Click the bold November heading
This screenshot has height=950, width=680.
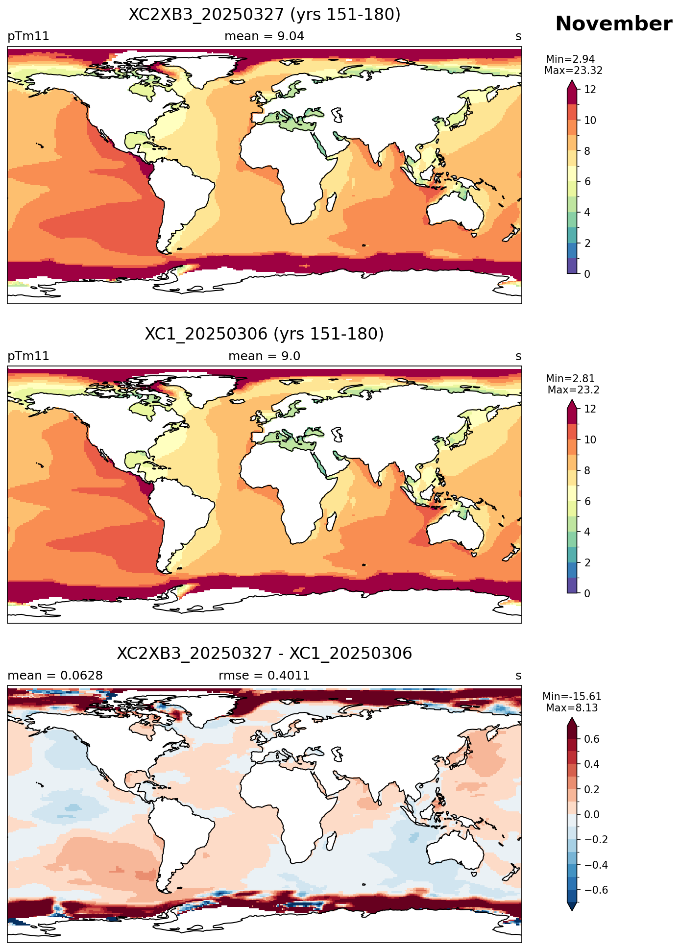[x=613, y=24]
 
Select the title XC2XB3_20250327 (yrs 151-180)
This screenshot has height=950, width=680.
[x=265, y=15]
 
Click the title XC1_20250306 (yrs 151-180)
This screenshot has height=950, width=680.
[x=265, y=334]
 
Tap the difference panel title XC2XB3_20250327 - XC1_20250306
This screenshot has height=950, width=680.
[x=265, y=654]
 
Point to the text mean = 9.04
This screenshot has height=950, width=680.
[x=265, y=36]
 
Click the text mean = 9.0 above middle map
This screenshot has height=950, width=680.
[x=265, y=356]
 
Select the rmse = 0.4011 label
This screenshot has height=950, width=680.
[x=265, y=676]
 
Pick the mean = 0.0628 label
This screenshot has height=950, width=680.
[x=55, y=676]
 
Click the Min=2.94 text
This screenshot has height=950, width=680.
[x=570, y=60]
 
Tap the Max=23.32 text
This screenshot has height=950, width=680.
[x=573, y=71]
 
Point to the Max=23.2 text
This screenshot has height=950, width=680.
[x=573, y=390]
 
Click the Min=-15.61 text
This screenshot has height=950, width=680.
[x=572, y=697]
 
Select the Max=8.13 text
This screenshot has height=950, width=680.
[x=572, y=708]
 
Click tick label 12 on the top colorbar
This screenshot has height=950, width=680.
[x=590, y=90]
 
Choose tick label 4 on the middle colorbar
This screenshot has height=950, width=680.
[x=587, y=532]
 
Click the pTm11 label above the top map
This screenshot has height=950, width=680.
[x=28, y=36]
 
